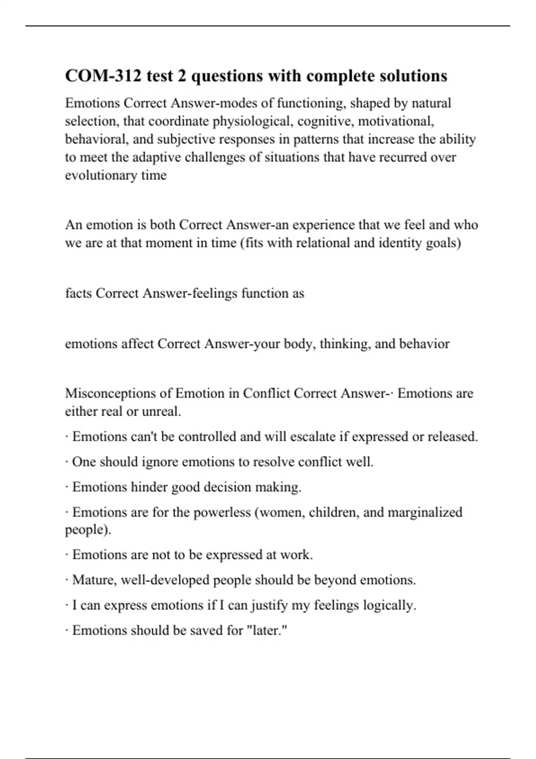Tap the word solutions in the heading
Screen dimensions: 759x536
point(413,76)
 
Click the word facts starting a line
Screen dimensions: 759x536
point(78,293)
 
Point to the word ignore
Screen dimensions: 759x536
point(159,462)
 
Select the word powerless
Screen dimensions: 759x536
point(222,512)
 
